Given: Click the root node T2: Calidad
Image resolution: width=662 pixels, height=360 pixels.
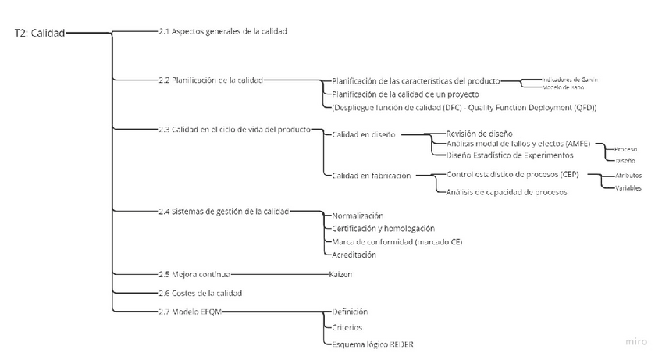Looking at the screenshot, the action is click(x=40, y=33).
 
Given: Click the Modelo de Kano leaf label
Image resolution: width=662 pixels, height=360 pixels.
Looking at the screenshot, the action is click(x=563, y=87).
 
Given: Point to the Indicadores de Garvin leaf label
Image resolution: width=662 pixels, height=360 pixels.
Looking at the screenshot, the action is click(x=570, y=79).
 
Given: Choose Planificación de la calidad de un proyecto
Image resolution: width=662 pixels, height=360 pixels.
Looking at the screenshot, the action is click(x=405, y=94).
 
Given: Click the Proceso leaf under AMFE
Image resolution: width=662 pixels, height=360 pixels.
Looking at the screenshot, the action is click(x=626, y=148).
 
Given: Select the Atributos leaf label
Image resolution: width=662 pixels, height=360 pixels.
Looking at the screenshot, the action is click(x=628, y=176).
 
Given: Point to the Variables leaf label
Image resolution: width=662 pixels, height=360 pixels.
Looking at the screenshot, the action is click(x=628, y=188).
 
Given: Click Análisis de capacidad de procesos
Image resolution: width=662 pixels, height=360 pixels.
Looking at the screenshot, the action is click(x=506, y=191).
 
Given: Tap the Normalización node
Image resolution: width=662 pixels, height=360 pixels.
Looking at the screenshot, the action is click(x=358, y=216).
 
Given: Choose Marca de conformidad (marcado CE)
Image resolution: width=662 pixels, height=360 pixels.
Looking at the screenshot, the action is click(x=397, y=241).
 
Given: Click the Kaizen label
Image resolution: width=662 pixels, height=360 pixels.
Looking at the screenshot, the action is click(x=340, y=274).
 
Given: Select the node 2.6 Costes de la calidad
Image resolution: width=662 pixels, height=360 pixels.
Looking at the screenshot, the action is click(x=200, y=293).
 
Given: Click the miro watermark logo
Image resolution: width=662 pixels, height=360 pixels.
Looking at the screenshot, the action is click(x=637, y=342).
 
